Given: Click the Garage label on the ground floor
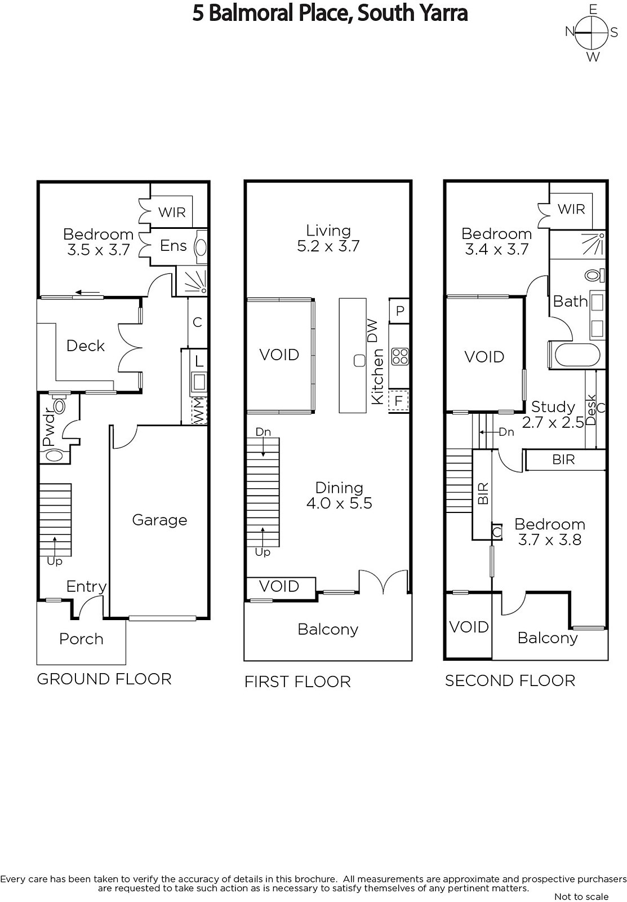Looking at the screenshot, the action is tap(159, 520).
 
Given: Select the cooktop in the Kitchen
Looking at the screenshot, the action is tap(400, 356).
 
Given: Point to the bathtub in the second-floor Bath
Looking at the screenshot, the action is tap(577, 356).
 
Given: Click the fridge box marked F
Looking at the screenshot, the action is tap(399, 401).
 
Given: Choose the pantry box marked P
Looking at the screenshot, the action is tap(399, 311).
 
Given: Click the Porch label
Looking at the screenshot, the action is tap(81, 639).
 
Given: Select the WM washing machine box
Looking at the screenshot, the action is tap(199, 410).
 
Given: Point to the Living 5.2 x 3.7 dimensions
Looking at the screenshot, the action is tap(328, 246).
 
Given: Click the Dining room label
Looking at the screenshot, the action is tap(339, 488).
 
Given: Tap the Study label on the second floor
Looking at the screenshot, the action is tap(553, 406).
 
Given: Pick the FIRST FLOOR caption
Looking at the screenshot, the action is tap(298, 682).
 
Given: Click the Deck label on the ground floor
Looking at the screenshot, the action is tap(85, 346).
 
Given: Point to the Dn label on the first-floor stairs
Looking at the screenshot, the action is tap(263, 432).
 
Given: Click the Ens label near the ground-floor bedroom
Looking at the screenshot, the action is tap(173, 246).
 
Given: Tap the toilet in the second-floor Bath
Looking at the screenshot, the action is tap(594, 276).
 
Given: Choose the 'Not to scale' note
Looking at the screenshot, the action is tap(581, 896).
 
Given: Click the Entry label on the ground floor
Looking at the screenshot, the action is tap(87, 587).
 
